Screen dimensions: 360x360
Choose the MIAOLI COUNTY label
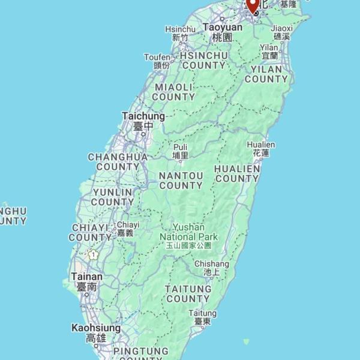(x=174, y=92)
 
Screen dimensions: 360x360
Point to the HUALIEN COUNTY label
(x=237, y=173)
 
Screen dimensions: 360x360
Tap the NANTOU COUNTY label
(x=181, y=181)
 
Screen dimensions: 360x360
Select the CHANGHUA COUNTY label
(x=118, y=161)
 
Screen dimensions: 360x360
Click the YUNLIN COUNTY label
(x=113, y=197)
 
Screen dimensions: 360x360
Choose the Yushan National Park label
(x=188, y=236)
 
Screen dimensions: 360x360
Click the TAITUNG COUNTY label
(x=188, y=293)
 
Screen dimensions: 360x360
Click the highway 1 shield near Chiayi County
(x=93, y=254)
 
